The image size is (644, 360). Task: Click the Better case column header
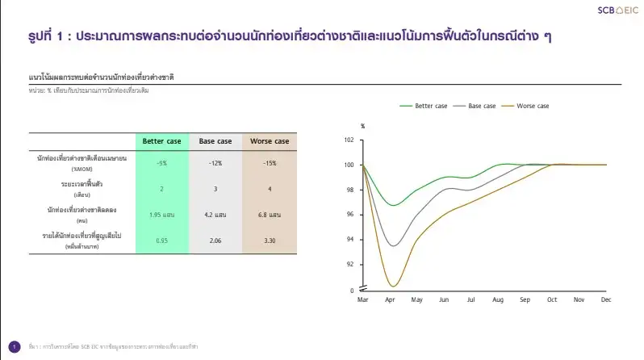pyautogui.click(x=162, y=141)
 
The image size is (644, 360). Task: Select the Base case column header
pyautogui.click(x=215, y=141)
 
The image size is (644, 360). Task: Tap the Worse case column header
pyautogui.click(x=270, y=141)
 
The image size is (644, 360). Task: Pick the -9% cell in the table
pyautogui.click(x=162, y=163)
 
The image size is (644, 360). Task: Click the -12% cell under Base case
pyautogui.click(x=215, y=163)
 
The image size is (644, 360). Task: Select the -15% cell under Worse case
pyautogui.click(x=270, y=163)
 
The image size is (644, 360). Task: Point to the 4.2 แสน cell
pyautogui.click(x=215, y=216)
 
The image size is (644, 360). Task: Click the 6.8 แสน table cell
pyautogui.click(x=270, y=216)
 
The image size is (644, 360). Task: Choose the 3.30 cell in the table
pyautogui.click(x=270, y=241)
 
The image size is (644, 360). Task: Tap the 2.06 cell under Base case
pyautogui.click(x=215, y=241)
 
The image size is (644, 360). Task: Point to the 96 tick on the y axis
pyautogui.click(x=349, y=215)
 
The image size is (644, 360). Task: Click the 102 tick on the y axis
pyautogui.click(x=349, y=140)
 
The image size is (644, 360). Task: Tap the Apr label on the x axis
pyautogui.click(x=391, y=299)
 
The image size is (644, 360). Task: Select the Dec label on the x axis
pyautogui.click(x=604, y=299)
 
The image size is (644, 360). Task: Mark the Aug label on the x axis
pyautogui.click(x=497, y=299)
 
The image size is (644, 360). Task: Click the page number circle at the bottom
pyautogui.click(x=14, y=345)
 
